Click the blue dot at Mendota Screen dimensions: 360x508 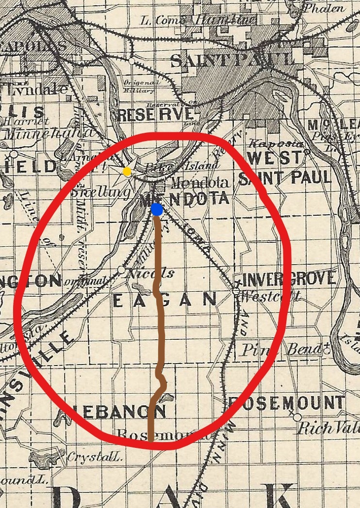156,209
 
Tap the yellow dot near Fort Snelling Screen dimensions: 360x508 127,171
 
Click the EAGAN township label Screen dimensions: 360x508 164,301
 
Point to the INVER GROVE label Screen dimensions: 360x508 289,279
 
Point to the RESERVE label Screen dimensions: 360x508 156,114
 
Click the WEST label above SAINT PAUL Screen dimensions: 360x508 275,158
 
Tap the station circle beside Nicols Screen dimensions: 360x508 121,270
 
